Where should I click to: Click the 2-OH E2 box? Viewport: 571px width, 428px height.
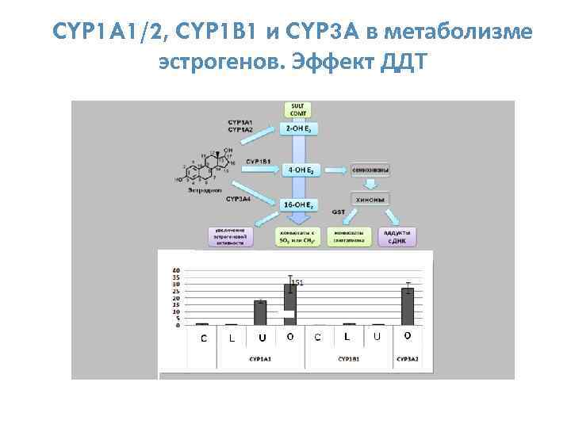pyautogui.click(x=298, y=128)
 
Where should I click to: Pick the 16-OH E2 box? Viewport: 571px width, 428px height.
pyautogui.click(x=298, y=205)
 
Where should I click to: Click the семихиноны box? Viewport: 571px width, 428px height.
pyautogui.click(x=370, y=169)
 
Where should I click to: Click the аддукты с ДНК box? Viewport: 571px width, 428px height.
pyautogui.click(x=395, y=235)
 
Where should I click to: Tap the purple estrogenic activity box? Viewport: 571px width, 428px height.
pyautogui.click(x=232, y=235)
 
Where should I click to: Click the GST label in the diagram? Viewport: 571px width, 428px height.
pyautogui.click(x=338, y=212)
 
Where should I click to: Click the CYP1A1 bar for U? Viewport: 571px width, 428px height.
pyautogui.click(x=260, y=313)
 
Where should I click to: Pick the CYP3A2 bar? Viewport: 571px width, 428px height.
pyautogui.click(x=408, y=306)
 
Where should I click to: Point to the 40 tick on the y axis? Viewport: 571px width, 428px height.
pyautogui.click(x=176, y=271)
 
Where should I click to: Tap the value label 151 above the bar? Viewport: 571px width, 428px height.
pyautogui.click(x=297, y=282)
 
